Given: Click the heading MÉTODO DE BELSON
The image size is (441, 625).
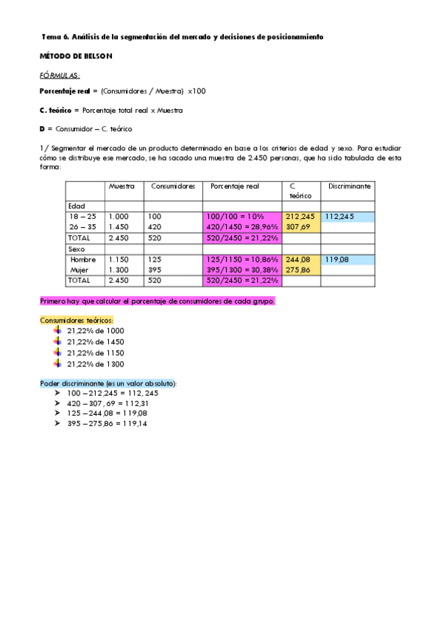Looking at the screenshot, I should coord(76,56).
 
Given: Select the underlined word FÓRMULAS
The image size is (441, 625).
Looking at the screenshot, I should coord(60,75).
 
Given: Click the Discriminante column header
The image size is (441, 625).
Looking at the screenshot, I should coord(350,186).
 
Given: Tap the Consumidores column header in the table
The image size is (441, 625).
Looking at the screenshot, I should coord(173,186).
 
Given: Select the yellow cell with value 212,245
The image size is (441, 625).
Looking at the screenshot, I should coord(300,217).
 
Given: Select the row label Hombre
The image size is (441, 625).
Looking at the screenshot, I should coord(83,259).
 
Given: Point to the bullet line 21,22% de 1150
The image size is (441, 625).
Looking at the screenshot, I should coord(96,353).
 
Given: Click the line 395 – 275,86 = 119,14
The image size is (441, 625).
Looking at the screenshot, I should coord(107,424).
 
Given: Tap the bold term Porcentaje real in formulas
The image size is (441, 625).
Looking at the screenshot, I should coord(63,91).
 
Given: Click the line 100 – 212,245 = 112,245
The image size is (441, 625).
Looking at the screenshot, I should coord(112,393).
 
